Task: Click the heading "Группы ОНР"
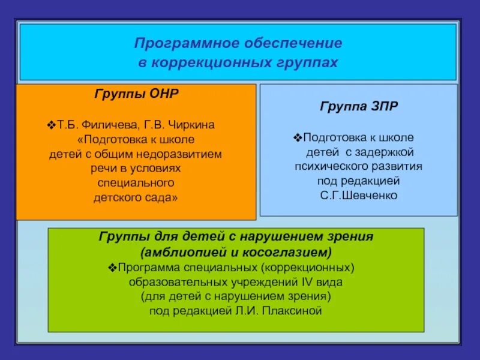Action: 136,94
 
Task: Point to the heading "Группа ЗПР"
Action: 359,106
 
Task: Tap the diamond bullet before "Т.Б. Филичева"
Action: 51,125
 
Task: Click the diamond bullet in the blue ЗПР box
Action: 298,138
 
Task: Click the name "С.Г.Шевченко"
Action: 359,196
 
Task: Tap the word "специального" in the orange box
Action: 136,182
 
